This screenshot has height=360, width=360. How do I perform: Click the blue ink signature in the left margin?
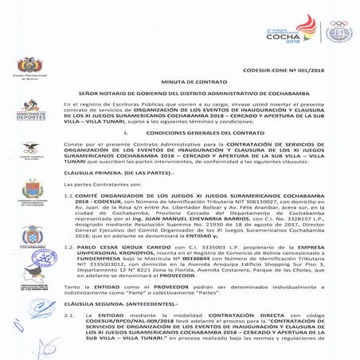click(35, 307)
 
